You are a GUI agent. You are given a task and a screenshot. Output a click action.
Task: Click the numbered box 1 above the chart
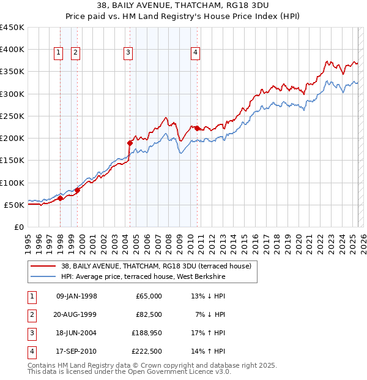[58, 53]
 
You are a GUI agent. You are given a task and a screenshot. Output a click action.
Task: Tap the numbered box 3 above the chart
[128, 53]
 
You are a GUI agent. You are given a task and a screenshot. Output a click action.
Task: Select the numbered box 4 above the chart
[195, 53]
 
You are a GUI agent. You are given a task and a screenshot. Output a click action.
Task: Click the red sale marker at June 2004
[130, 143]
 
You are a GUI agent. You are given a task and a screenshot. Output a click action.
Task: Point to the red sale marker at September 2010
[197, 128]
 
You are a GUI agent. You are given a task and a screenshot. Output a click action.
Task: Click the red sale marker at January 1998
[61, 198]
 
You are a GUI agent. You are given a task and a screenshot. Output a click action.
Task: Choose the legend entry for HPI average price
[143, 277]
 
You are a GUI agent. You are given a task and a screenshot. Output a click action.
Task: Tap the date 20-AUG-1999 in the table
[76, 314]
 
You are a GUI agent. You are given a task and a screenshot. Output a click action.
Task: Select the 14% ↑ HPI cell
[209, 351]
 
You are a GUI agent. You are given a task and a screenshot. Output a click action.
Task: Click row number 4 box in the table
[31, 351]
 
